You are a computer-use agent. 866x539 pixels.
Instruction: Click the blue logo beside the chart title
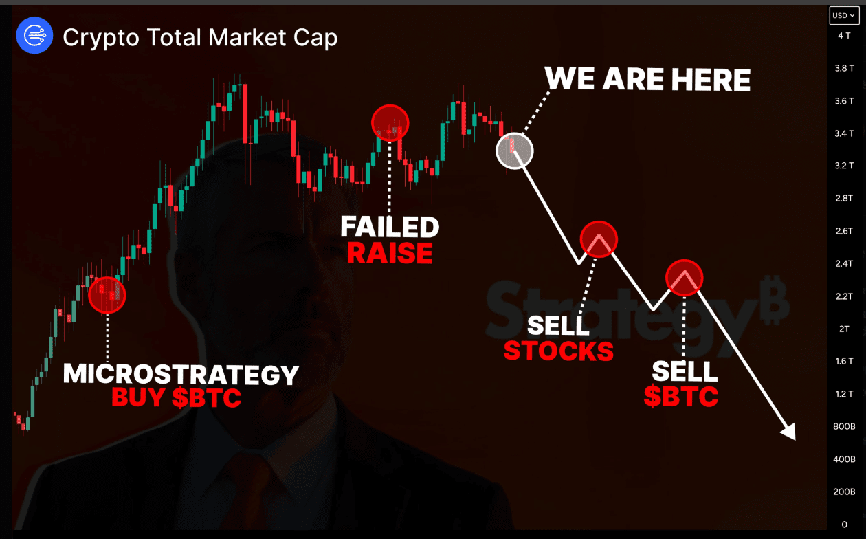[x=34, y=36]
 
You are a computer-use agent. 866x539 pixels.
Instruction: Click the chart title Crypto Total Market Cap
[x=200, y=38]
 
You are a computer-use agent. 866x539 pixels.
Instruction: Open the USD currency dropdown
[x=843, y=15]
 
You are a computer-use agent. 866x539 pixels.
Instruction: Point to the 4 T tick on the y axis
[x=844, y=36]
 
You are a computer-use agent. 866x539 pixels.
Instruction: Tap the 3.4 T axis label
[x=844, y=134]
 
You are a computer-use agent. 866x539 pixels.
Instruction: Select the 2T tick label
[x=844, y=329]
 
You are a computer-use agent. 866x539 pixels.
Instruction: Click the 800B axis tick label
[x=844, y=426]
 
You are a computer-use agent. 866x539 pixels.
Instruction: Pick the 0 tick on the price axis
[x=844, y=525]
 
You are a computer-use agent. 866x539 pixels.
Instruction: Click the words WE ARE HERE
[x=647, y=79]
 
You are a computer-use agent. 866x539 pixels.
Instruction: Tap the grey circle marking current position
[x=515, y=151]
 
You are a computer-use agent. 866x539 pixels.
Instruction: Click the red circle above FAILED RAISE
[x=390, y=123]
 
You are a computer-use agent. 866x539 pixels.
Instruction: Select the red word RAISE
[x=390, y=253]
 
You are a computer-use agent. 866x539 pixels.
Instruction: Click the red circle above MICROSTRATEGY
[x=107, y=295]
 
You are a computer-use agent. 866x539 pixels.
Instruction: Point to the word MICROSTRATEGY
[x=181, y=374]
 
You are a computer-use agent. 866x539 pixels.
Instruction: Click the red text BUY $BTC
[x=176, y=397]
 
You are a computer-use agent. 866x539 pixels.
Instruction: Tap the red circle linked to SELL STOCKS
[x=599, y=239]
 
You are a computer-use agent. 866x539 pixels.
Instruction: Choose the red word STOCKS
[x=559, y=351]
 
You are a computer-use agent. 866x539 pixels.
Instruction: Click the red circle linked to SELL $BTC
[x=685, y=278]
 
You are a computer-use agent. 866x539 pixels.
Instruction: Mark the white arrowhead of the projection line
[x=790, y=432]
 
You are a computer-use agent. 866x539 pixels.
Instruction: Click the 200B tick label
[x=844, y=492]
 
